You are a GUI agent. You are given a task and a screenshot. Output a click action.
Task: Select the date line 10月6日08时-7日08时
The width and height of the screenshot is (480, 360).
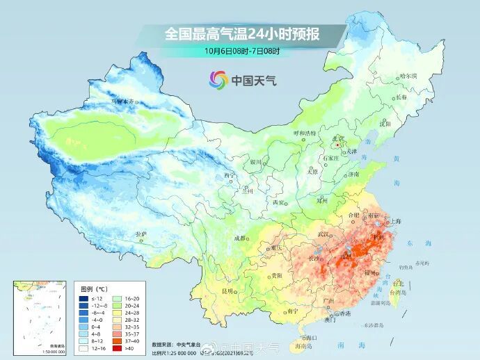coord(240,50)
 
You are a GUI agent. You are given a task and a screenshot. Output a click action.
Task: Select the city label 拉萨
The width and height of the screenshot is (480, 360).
coord(141,234)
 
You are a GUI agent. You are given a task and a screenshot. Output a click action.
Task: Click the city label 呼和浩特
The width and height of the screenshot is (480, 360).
coord(305,132)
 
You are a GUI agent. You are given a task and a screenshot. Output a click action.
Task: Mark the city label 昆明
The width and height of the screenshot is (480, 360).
coord(227,291)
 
